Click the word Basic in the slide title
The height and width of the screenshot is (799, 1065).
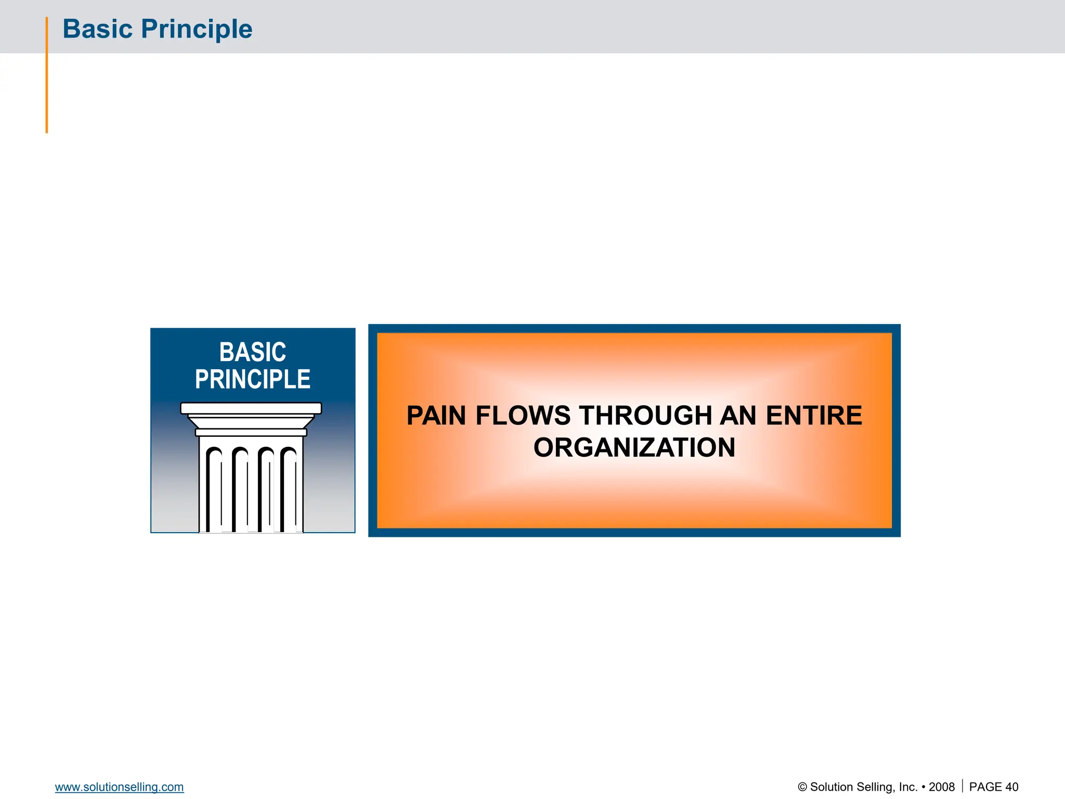[x=97, y=29]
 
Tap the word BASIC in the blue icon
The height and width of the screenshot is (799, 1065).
[x=252, y=352]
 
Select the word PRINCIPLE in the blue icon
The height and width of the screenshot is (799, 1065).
[x=252, y=379]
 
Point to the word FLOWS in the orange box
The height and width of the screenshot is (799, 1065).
[x=523, y=416]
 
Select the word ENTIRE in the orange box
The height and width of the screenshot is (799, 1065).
[x=814, y=416]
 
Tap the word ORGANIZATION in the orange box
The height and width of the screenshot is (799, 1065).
[x=634, y=447]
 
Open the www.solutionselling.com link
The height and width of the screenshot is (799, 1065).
[x=119, y=787]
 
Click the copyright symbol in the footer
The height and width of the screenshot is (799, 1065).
[x=802, y=787]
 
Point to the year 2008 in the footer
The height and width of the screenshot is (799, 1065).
[x=941, y=787]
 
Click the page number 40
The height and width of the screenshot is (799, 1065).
[x=1011, y=787]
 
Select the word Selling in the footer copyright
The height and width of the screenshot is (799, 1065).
[x=880, y=787]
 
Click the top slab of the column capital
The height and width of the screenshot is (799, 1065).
[x=251, y=408]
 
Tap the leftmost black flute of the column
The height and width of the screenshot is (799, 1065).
[x=210, y=489]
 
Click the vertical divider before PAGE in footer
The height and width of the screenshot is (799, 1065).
[x=962, y=786]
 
